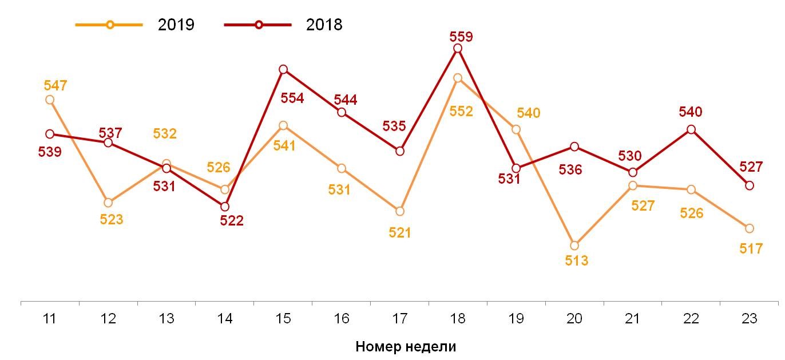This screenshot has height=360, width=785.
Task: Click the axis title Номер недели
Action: pos(406,346)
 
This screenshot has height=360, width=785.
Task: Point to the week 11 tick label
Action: pos(49,319)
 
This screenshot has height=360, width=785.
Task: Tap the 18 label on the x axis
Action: pos(458,319)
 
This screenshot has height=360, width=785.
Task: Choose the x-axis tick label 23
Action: pos(749,319)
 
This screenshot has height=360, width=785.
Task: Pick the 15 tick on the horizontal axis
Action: pos(283,319)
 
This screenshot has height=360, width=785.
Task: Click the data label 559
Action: pos(461,37)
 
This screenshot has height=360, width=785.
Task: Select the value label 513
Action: pos(576,261)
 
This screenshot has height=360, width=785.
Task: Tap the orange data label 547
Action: pos(55,86)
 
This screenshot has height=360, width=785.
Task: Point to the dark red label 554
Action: pos(292,98)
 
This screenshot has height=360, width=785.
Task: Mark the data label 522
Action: pos(232,221)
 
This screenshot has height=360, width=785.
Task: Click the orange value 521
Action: pos(400,233)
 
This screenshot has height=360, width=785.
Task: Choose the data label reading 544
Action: pos(345,100)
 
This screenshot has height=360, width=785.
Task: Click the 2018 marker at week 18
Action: pos(458,48)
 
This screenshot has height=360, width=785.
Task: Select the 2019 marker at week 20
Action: pos(574,246)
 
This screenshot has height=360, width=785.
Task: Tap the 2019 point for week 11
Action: pos(50,100)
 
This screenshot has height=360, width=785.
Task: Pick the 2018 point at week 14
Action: pos(225,207)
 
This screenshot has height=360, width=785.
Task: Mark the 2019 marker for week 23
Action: pos(750,228)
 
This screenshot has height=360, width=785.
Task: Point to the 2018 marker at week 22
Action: pos(691,129)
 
